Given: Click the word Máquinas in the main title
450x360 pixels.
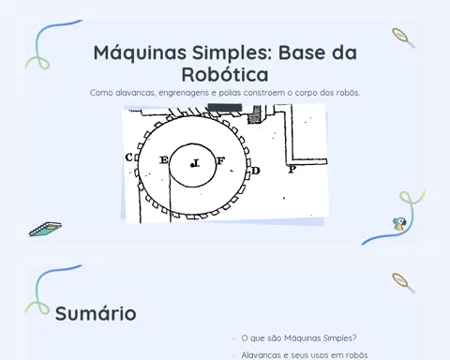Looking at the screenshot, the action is [140, 52].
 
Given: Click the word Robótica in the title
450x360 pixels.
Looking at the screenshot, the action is [225, 74].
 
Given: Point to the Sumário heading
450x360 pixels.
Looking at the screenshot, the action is [96, 313].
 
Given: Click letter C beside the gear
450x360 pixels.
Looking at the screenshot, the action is [128, 157].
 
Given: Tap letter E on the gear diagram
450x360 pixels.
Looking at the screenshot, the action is [164, 160].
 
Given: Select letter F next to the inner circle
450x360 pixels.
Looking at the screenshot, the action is [220, 161].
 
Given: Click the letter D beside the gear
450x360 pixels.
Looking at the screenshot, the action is [256, 171].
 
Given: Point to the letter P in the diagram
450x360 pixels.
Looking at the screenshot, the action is [292, 170].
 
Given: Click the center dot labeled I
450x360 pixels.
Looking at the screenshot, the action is [192, 165].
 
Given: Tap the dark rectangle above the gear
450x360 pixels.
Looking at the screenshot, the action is [225, 108].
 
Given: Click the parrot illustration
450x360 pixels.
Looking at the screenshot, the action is [399, 224].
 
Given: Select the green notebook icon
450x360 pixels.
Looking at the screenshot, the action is [45, 229].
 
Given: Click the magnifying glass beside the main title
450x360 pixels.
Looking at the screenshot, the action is [403, 37].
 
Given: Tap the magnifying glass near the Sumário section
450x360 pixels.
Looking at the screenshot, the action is [403, 283].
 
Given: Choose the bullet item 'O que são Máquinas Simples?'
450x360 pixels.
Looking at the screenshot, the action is [299, 338].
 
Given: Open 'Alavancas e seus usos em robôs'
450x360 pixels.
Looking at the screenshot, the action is [305, 355].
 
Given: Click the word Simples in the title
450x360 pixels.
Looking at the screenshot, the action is [232, 52].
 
